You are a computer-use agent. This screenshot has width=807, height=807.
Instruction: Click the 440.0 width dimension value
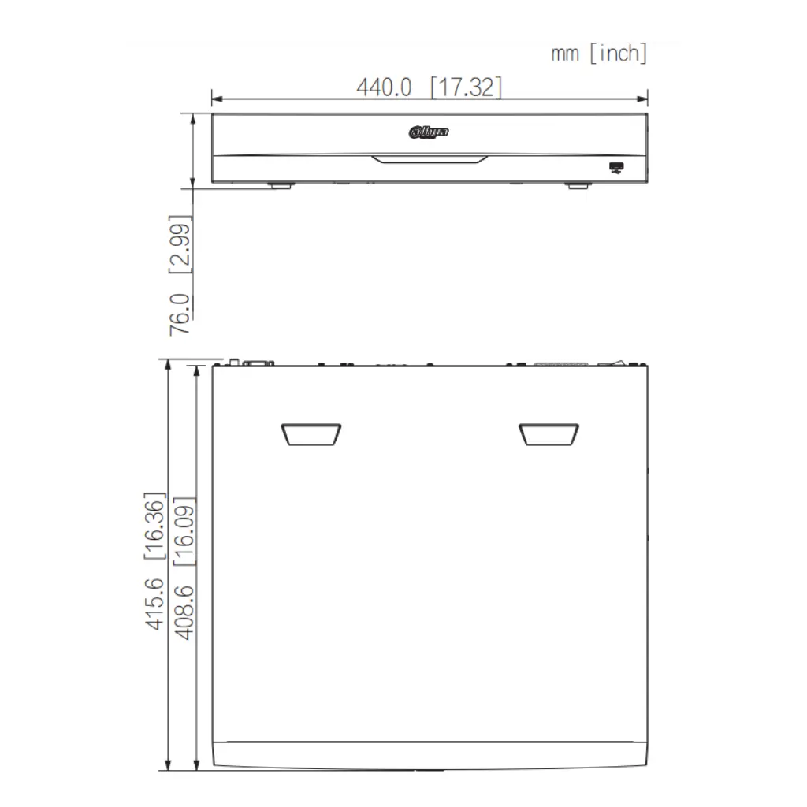click(385, 87)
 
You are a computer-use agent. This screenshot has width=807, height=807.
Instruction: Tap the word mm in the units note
click(564, 54)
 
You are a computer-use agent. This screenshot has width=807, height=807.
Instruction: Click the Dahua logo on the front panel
click(430, 132)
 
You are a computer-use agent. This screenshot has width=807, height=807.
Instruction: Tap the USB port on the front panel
click(616, 166)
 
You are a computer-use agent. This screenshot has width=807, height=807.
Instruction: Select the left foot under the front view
click(281, 187)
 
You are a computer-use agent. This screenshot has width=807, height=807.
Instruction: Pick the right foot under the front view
click(577, 187)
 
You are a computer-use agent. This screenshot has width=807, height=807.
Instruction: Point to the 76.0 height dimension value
click(180, 314)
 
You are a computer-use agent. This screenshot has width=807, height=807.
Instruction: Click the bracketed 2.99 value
click(180, 245)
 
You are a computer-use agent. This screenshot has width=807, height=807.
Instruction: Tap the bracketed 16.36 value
click(154, 526)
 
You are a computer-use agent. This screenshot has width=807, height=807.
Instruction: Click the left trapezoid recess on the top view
click(311, 434)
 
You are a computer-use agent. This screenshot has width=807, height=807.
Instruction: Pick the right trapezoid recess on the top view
click(549, 434)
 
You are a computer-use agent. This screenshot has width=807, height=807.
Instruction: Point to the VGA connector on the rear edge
click(258, 363)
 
